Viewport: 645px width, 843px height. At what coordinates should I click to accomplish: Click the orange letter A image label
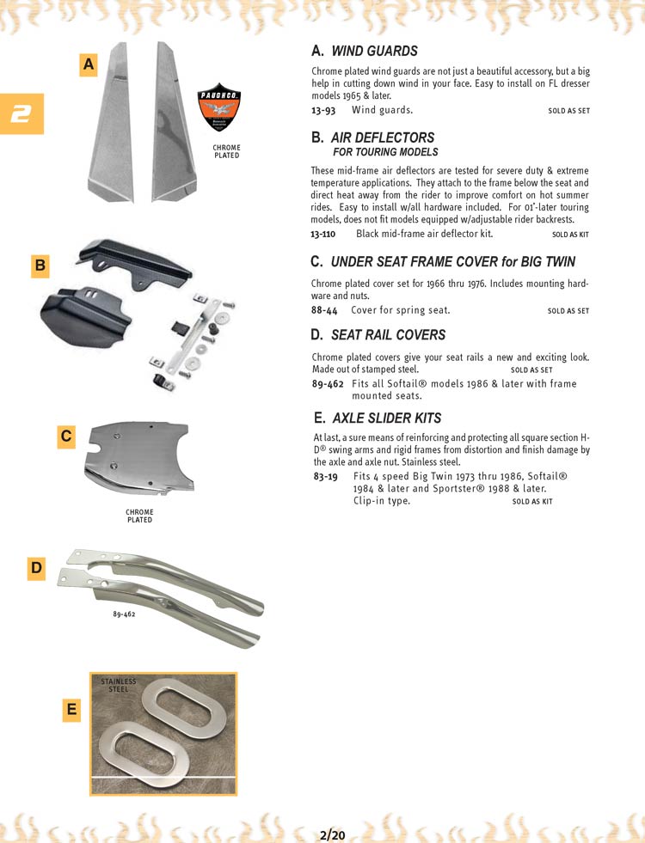(x=89, y=64)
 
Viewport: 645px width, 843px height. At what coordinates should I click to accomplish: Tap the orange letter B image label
(x=40, y=266)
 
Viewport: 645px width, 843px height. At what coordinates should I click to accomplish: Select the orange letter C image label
(x=65, y=437)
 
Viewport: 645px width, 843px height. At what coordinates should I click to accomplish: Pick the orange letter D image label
(x=36, y=567)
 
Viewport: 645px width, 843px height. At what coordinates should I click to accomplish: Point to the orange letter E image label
(x=71, y=709)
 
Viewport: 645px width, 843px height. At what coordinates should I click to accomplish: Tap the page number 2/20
(x=331, y=834)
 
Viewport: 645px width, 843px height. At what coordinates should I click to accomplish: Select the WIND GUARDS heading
(x=374, y=51)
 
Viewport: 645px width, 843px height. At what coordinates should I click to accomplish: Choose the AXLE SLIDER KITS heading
(x=385, y=418)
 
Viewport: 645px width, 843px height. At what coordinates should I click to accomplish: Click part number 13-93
(x=322, y=110)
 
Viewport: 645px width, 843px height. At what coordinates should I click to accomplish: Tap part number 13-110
(x=323, y=234)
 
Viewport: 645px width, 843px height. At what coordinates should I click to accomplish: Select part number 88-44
(x=324, y=310)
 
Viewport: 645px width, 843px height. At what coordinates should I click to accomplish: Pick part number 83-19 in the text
(x=324, y=476)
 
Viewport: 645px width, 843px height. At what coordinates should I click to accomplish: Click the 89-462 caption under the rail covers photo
(x=125, y=614)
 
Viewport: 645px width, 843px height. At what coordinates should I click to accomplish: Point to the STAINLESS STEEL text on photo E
(x=119, y=685)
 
